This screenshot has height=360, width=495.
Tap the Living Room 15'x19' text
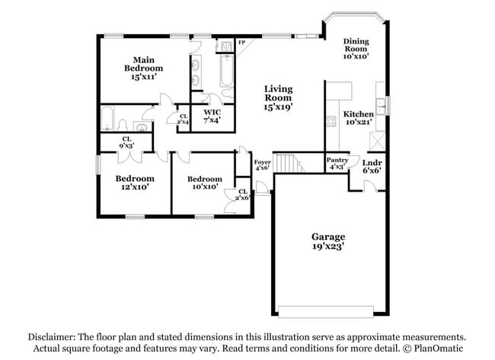(278, 98)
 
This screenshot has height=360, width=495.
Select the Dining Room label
(356, 49)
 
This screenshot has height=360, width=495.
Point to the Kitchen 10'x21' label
(358, 118)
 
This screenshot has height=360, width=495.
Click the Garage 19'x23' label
(327, 241)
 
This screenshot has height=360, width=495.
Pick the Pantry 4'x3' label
(337, 164)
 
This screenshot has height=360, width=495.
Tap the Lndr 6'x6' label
(372, 167)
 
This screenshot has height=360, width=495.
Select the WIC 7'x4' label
(212, 116)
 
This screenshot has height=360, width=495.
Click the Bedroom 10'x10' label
(204, 183)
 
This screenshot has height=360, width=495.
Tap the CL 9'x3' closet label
(126, 142)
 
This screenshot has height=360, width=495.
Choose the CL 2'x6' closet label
(243, 195)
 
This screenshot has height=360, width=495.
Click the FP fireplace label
(241, 43)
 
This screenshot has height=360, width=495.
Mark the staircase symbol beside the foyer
(287, 163)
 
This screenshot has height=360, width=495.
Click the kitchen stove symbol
(331, 120)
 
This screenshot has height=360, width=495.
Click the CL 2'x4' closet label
(183, 119)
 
